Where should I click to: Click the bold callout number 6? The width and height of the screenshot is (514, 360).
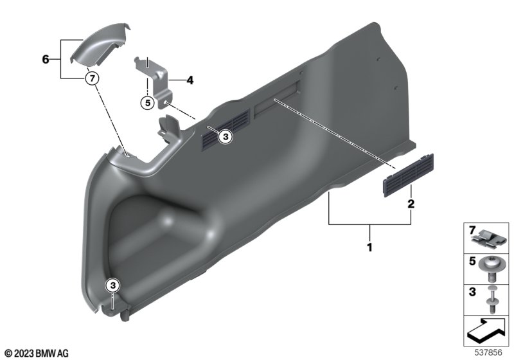[46, 59]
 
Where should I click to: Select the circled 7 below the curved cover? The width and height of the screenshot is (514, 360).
[92, 78]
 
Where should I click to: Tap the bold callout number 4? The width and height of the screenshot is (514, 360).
[190, 80]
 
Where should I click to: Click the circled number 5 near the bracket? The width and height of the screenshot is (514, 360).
[148, 103]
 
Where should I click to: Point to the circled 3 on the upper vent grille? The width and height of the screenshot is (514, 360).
[226, 136]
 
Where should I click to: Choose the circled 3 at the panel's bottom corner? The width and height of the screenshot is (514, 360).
[113, 285]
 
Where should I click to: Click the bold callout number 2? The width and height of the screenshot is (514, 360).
[411, 204]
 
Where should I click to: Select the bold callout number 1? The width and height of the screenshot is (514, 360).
[370, 247]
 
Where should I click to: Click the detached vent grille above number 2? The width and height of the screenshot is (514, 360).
[409, 175]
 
